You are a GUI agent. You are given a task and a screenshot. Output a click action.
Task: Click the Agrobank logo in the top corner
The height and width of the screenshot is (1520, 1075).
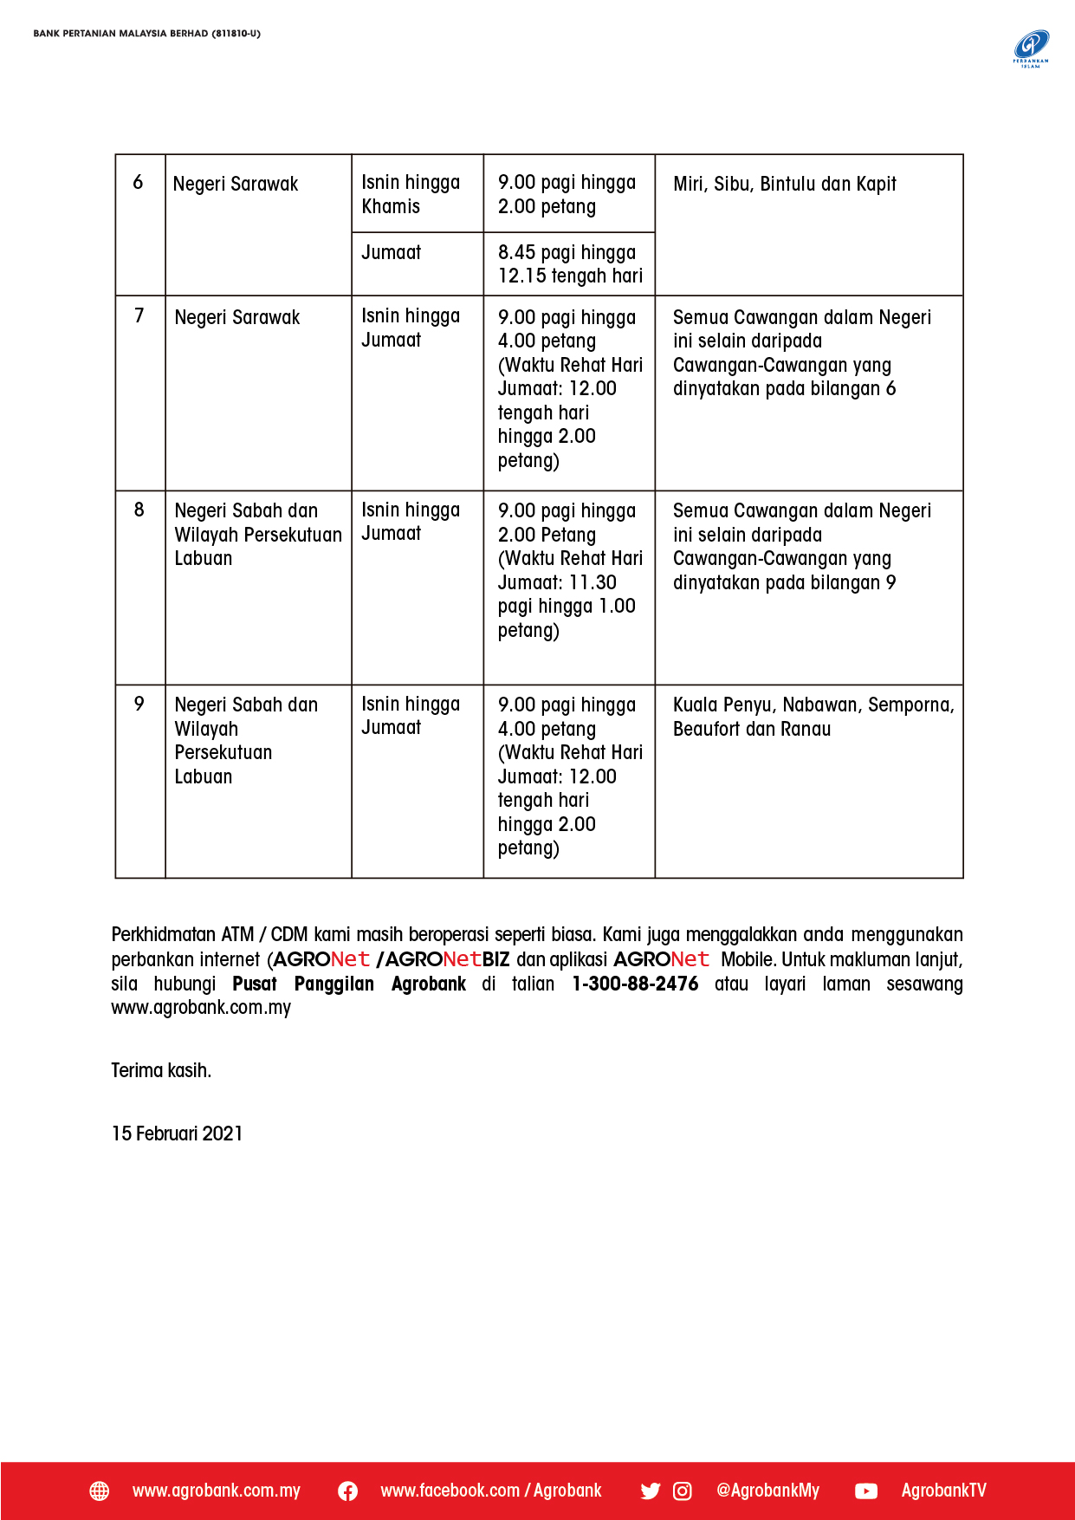coord(1031,48)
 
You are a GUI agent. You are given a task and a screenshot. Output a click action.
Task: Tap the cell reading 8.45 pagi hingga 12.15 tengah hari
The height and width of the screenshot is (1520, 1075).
coord(569,264)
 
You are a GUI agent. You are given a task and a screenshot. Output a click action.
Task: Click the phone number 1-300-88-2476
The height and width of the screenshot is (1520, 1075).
coord(635,984)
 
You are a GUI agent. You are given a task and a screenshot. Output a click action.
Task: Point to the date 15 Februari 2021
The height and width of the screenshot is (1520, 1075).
coord(177,1134)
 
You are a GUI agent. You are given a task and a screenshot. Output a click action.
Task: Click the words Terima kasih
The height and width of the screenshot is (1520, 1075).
coord(161,1070)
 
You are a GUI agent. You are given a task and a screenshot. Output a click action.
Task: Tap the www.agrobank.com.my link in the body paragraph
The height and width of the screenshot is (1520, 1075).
coord(201,1008)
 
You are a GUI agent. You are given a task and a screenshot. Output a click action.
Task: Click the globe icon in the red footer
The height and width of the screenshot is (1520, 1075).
coord(100,1491)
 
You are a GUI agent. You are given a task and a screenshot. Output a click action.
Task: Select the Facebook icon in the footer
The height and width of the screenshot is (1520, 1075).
coord(347,1491)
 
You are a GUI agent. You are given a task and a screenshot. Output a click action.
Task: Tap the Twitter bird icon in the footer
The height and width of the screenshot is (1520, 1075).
coord(650,1491)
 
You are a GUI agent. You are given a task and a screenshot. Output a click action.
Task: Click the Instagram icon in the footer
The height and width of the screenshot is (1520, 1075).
coord(683,1491)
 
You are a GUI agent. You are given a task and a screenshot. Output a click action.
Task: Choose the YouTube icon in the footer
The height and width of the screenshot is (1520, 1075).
coord(865,1491)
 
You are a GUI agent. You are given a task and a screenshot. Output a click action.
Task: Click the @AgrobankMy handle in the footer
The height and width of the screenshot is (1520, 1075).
coord(767,1491)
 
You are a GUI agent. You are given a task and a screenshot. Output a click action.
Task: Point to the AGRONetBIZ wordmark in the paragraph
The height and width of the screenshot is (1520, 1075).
coord(447,960)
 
